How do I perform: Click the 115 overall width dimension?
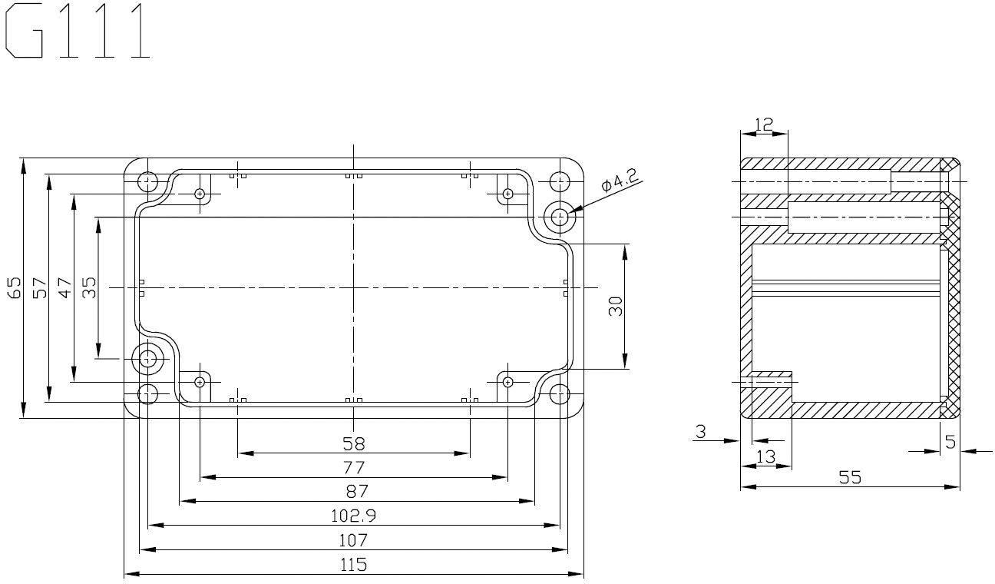(x=354, y=564)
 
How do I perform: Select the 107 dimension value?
(x=354, y=539)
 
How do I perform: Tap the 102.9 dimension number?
(x=354, y=515)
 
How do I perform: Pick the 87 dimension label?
(x=354, y=490)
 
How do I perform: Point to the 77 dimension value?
(x=354, y=466)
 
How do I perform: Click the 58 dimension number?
(x=354, y=443)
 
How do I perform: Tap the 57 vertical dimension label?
(x=40, y=288)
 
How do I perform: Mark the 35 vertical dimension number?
(x=89, y=288)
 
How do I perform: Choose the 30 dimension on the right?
(x=615, y=307)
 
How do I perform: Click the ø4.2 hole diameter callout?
(x=620, y=181)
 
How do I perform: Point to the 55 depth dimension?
(x=849, y=477)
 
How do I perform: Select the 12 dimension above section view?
(x=764, y=123)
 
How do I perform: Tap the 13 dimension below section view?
(x=765, y=456)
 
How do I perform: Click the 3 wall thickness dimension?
(x=700, y=432)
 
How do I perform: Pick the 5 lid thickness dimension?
(x=950, y=441)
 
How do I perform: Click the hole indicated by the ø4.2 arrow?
(x=560, y=217)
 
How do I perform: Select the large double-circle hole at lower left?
(x=147, y=357)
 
